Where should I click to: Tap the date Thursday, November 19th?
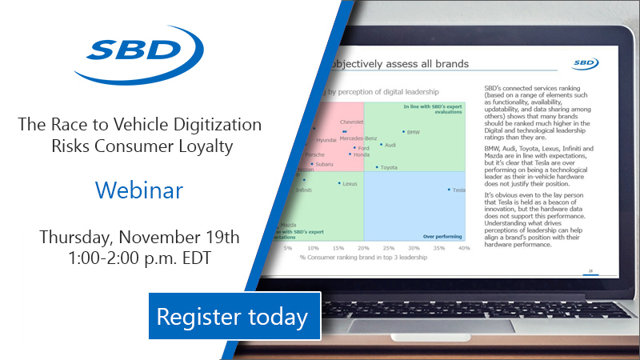pyautogui.click(x=139, y=238)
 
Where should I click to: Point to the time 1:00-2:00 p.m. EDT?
pyautogui.click(x=139, y=259)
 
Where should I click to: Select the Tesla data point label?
pyautogui.click(x=458, y=190)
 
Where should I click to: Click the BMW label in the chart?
pyautogui.click(x=413, y=131)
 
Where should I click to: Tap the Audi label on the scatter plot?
pyautogui.click(x=390, y=145)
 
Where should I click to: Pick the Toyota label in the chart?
pyautogui.click(x=388, y=167)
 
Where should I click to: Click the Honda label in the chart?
pyautogui.click(x=361, y=154)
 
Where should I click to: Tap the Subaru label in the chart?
pyautogui.click(x=324, y=164)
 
